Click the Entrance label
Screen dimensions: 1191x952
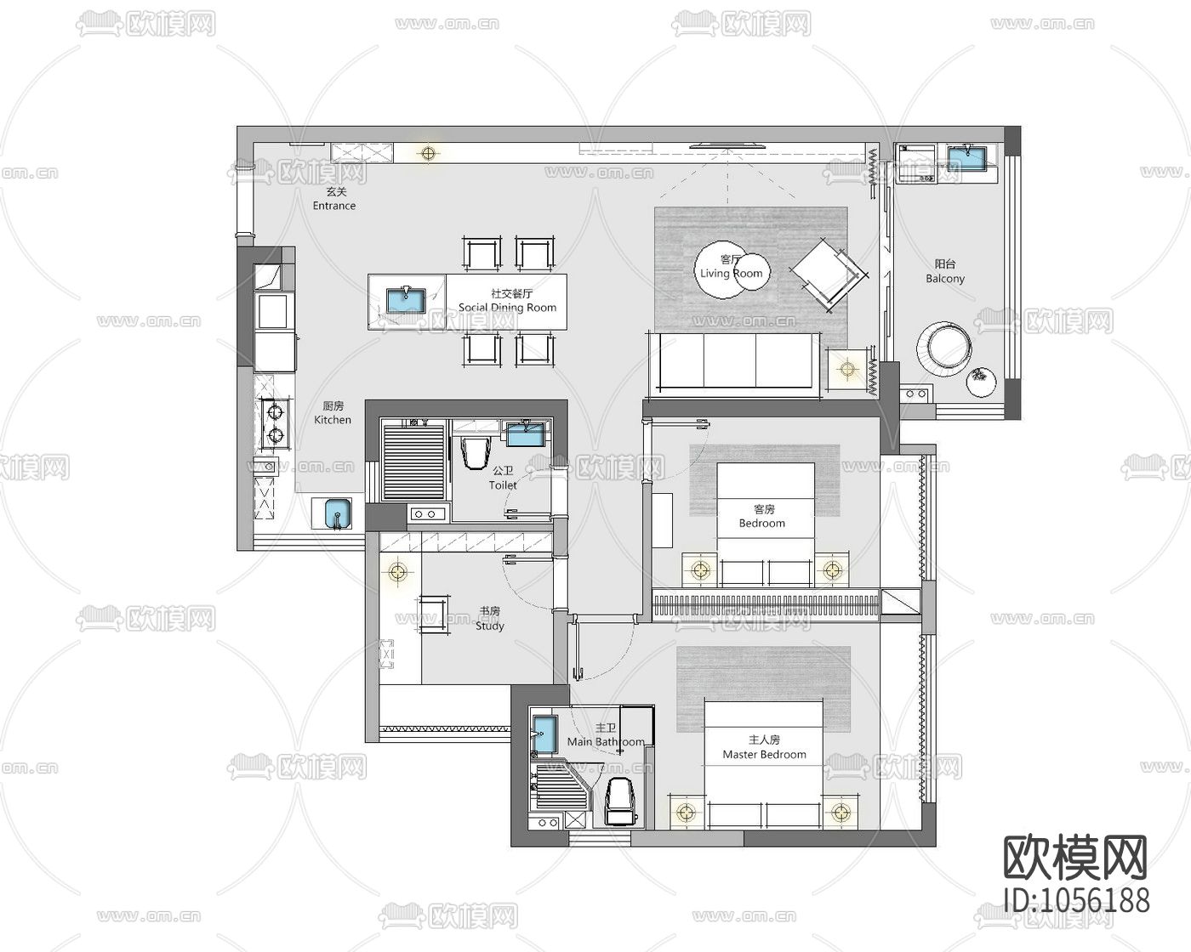pos(334,206)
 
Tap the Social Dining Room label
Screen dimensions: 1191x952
pos(508,308)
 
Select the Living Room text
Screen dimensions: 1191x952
pos(731,273)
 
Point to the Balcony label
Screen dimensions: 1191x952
pos(945,279)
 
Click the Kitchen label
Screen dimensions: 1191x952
pos(333,420)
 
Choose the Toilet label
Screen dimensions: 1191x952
pos(503,485)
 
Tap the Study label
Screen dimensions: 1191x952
pos(490,626)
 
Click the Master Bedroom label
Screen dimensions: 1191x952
pos(764,755)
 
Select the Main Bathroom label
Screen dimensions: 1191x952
pos(606,742)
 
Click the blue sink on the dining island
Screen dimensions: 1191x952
pos(406,300)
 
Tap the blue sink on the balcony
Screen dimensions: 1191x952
pos(967,159)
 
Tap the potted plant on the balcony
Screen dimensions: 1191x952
pos(981,382)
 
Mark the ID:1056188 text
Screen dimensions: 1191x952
pos(1076,900)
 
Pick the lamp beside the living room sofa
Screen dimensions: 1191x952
pos(847,368)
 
